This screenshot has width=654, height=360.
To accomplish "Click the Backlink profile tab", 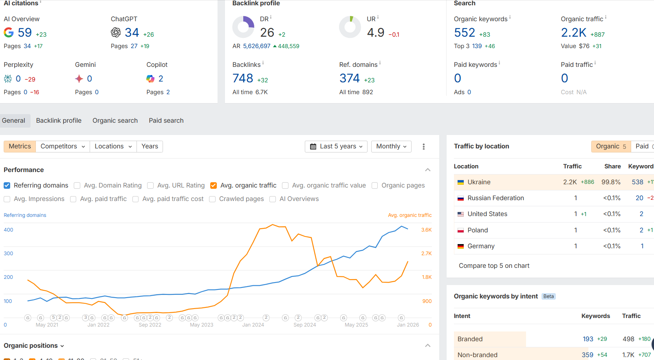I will [x=59, y=121].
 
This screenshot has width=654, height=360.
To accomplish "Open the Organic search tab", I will [x=115, y=121].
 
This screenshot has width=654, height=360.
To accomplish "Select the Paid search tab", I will [x=166, y=121].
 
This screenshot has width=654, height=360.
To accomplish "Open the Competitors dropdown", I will [x=63, y=146].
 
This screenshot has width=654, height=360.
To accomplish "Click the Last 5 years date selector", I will [x=336, y=146].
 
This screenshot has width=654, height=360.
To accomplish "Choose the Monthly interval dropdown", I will [x=391, y=146].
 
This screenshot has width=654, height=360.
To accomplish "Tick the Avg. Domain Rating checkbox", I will [x=77, y=186].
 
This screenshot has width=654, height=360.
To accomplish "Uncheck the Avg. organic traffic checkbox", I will [x=214, y=186].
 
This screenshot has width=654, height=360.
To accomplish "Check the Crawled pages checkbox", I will [x=212, y=199].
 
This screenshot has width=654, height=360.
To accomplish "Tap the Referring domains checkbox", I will [x=7, y=186].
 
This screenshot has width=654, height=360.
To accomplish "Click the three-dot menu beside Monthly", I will [x=424, y=147].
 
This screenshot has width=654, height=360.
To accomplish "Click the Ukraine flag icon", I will [x=460, y=182].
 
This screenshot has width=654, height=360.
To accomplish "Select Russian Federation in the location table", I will [x=495, y=198].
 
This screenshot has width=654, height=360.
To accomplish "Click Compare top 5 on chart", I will [x=494, y=266].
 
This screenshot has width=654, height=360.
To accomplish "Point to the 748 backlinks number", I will [x=243, y=78].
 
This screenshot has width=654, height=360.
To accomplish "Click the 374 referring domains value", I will [x=350, y=78].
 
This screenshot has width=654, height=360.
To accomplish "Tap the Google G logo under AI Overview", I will [x=9, y=33].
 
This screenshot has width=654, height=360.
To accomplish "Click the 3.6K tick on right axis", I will [x=426, y=230].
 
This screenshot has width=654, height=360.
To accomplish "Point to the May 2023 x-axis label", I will [x=201, y=325].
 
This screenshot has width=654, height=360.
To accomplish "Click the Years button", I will [x=150, y=146].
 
